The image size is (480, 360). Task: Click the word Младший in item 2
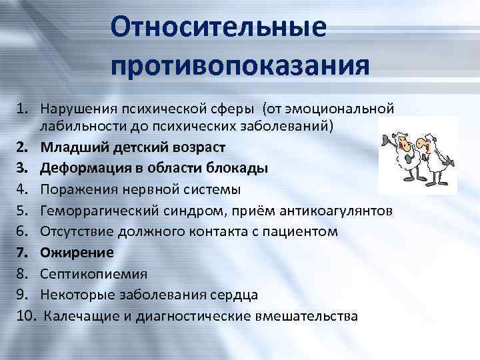point(66,145)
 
